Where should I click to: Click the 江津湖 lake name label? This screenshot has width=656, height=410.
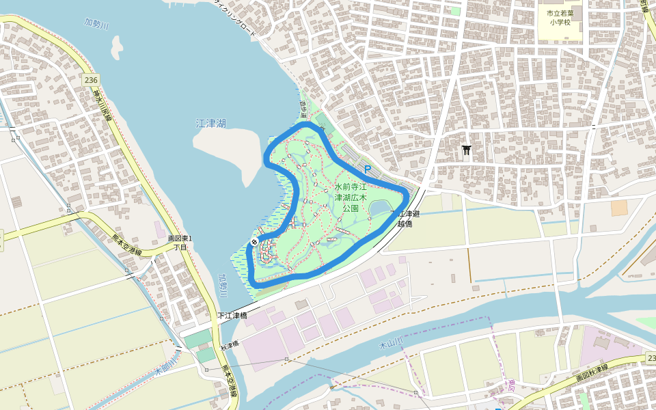pyautogui.click(x=210, y=124)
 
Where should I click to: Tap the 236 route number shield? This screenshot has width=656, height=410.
pyautogui.click(x=91, y=80)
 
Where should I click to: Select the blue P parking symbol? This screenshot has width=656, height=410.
pyautogui.click(x=367, y=169)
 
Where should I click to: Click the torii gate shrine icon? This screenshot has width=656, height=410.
pyautogui.click(x=467, y=150)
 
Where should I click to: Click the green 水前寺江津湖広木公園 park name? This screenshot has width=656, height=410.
pyautogui.click(x=351, y=197)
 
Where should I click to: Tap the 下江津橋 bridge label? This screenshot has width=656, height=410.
pyautogui.click(x=231, y=316)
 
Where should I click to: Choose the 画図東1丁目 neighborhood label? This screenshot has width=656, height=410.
pyautogui.click(x=180, y=243)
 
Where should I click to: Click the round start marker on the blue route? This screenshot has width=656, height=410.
pyautogui.click(x=254, y=242)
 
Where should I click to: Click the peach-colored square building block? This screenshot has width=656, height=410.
pyautogui.click(x=619, y=208)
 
